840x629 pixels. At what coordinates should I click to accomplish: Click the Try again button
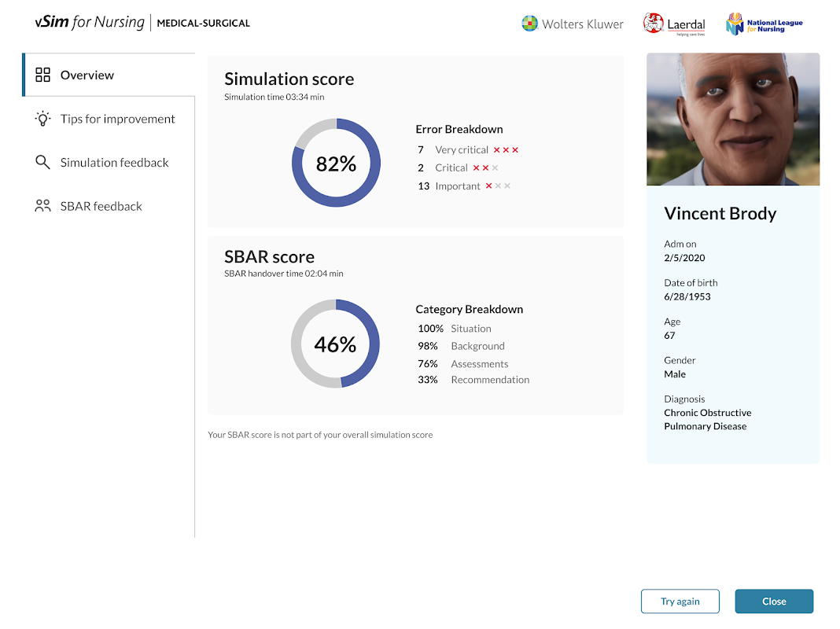click(680, 601)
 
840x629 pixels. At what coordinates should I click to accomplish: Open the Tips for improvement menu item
click(117, 119)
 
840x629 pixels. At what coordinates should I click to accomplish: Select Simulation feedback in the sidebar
click(114, 163)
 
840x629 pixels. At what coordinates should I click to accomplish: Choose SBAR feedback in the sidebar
click(101, 206)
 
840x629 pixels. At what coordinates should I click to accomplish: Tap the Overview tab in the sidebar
click(87, 75)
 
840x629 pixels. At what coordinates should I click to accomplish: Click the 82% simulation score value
click(336, 164)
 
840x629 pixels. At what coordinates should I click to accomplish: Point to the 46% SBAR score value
click(335, 344)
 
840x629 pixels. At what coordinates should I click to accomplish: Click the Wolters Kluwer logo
click(573, 24)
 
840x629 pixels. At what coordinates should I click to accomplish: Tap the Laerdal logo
click(674, 24)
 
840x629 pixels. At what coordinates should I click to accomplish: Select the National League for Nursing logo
click(764, 24)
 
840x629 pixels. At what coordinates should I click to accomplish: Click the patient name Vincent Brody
click(720, 213)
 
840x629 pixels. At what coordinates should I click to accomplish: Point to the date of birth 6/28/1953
click(687, 296)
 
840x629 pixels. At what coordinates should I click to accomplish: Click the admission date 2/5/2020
click(684, 258)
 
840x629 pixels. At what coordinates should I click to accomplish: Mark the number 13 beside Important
click(423, 186)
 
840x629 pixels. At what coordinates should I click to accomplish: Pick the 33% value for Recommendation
click(428, 380)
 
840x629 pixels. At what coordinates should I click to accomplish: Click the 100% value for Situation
click(430, 329)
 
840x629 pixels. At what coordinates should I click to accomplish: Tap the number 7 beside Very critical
click(421, 149)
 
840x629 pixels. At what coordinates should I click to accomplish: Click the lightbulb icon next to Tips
click(42, 119)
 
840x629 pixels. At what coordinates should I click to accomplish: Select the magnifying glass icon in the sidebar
click(42, 163)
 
